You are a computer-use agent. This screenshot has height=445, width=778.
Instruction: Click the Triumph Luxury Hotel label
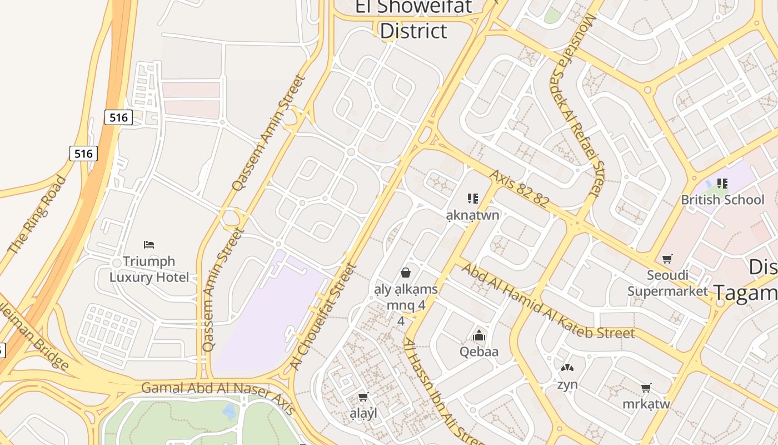pos(149,269)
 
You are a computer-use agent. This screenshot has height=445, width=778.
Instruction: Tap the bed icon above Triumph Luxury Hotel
pos(148,244)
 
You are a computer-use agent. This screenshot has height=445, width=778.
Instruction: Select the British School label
pos(722,200)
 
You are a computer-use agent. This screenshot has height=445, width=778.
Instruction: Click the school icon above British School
pos(722,183)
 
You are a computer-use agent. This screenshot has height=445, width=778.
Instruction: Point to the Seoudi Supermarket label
pos(667,283)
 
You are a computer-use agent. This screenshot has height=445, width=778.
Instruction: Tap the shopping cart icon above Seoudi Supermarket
pos(667,259)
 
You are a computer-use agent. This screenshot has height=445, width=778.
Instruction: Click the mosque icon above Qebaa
pos(478,335)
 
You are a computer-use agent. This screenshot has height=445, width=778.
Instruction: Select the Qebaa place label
pos(478,352)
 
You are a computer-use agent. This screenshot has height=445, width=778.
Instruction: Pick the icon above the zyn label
pos(567,368)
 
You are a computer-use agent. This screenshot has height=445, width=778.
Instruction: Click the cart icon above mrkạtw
pos(646,388)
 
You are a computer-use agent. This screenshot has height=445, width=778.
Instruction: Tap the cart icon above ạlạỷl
pos(363,397)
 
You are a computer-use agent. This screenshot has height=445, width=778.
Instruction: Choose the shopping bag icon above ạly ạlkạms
pos(406,273)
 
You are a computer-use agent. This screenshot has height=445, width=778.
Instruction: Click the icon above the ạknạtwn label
pos(473,198)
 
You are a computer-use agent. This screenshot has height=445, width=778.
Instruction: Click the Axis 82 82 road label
pos(518,189)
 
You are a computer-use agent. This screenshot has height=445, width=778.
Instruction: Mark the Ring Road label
pos(37,215)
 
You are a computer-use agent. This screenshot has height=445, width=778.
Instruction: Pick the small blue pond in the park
pos(229,412)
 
